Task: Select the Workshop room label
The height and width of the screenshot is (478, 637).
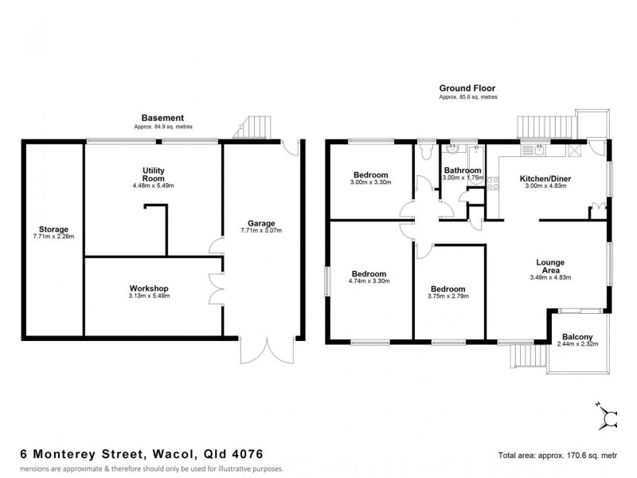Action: (149, 288)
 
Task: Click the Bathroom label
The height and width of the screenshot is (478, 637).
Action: (463, 170)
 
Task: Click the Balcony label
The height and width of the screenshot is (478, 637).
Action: (576, 335)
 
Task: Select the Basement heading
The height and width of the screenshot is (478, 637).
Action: (162, 118)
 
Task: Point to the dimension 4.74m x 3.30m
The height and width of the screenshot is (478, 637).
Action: (368, 280)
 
